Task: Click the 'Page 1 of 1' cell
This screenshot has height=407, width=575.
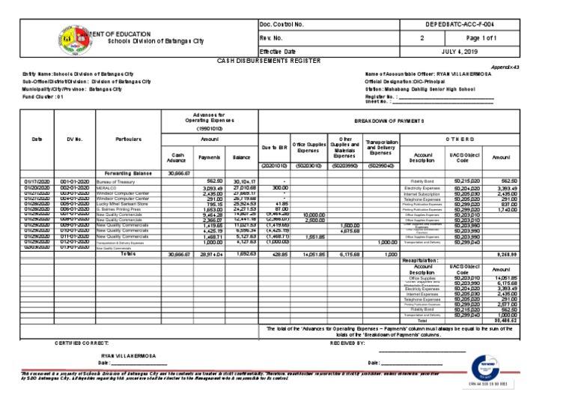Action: tap(517, 37)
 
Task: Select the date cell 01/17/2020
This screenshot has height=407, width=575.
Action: tap(35, 181)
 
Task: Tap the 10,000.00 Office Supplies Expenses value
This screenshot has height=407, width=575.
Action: tap(313, 214)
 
